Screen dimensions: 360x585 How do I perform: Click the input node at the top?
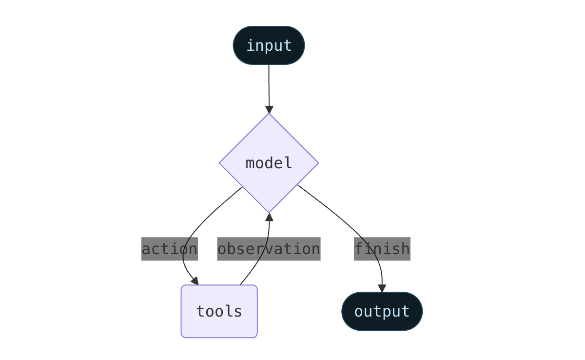pyautogui.click(x=269, y=45)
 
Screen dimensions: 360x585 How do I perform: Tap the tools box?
pyautogui.click(x=219, y=311)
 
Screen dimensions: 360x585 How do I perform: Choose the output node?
pyautogui.click(x=382, y=311)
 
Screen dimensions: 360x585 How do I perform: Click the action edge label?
pyautogui.click(x=169, y=249)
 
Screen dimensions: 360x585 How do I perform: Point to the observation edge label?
pyautogui.click(x=269, y=249)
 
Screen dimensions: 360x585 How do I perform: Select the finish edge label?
pyautogui.click(x=382, y=249)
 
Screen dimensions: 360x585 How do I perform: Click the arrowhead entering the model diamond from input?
pyautogui.click(x=269, y=109)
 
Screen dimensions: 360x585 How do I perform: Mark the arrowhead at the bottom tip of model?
pyautogui.click(x=269, y=217)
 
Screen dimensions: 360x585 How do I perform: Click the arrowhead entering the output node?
pyautogui.click(x=382, y=288)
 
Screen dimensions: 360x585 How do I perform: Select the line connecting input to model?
pyautogui.click(x=269, y=85)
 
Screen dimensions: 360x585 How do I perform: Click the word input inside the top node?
pyautogui.click(x=269, y=45)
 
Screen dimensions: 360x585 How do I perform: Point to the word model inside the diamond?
pyautogui.click(x=269, y=163)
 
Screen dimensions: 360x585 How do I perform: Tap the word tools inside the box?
pyautogui.click(x=219, y=311)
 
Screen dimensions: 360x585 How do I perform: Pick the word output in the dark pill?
pyautogui.click(x=382, y=311)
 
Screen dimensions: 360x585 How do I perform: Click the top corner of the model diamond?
pyautogui.click(x=269, y=115)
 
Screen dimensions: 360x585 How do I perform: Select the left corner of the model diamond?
pyautogui.click(x=220, y=163)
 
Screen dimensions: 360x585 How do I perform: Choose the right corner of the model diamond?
pyautogui.click(x=317, y=163)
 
